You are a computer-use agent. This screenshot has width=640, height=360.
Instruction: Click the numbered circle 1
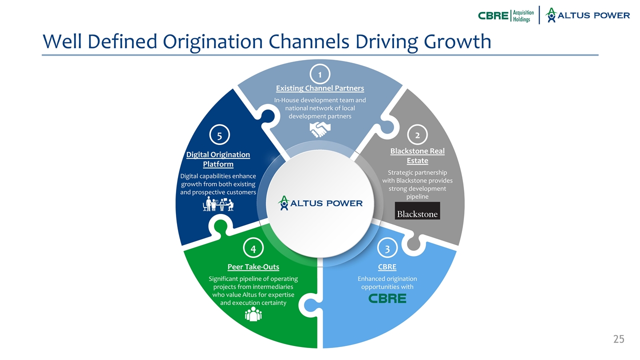pos(320,74)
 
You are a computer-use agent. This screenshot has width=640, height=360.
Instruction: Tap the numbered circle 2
pos(417,134)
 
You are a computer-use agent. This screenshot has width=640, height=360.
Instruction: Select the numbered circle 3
pos(387,247)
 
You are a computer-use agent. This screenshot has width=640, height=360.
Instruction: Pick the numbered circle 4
pos(253,248)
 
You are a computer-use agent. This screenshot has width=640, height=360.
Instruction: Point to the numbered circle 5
pos(218,135)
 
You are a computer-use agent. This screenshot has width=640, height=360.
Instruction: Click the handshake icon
pos(320,130)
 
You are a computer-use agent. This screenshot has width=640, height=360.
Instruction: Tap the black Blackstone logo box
pos(417,210)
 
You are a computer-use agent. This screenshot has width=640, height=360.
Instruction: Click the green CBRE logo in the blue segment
pos(387,298)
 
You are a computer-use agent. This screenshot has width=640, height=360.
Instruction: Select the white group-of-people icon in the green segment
pos(253,313)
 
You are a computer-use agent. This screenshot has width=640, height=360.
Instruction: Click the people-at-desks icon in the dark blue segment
pos(218,204)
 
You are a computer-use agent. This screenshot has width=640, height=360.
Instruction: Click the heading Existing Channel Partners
pos(320,88)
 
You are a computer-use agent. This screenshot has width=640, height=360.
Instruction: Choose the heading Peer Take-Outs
pos(253,267)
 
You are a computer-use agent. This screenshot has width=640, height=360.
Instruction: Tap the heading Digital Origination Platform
pos(218,159)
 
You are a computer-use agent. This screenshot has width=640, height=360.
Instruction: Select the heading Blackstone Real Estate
pos(417,155)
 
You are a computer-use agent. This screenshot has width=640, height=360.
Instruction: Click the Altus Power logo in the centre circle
pos(320,202)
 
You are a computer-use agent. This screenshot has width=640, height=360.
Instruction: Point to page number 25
pos(618,339)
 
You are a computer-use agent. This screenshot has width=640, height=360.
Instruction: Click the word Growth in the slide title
pos(457,41)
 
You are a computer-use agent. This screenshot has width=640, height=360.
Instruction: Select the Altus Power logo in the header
pos(587,15)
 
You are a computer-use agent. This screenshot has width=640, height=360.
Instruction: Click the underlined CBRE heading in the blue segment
pos(387,267)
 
